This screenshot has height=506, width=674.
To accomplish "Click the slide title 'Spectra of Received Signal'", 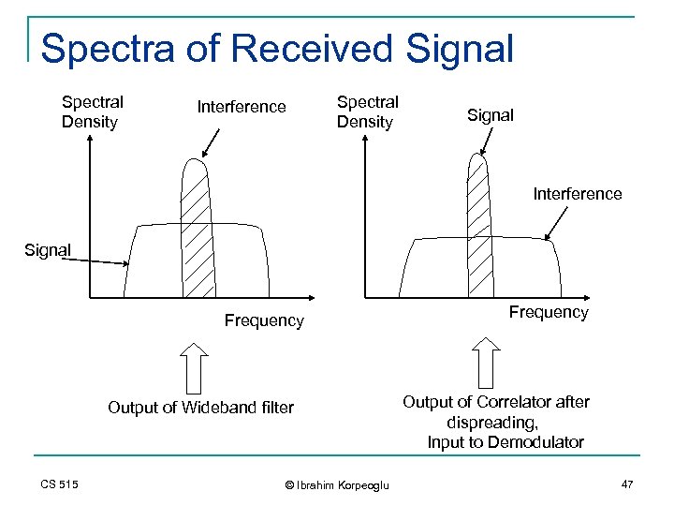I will [x=277, y=49].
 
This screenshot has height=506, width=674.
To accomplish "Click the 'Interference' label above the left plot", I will [x=242, y=107].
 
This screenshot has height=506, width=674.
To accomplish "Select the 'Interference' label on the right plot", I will [x=577, y=194].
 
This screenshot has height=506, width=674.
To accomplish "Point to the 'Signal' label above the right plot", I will [x=491, y=115].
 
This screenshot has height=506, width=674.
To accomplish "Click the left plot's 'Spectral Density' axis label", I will [x=92, y=112].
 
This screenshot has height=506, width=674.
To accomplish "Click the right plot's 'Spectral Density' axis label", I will [x=367, y=112].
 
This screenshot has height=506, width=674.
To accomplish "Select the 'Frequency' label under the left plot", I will [x=264, y=320].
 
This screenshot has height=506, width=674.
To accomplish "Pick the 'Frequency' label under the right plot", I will [x=549, y=312].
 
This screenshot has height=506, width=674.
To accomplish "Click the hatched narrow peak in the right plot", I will [x=478, y=225].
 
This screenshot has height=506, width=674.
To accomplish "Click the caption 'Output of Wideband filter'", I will [x=200, y=407].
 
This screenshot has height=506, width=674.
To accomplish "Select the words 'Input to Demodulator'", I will [x=505, y=442].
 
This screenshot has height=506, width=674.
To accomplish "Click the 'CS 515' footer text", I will [x=60, y=484].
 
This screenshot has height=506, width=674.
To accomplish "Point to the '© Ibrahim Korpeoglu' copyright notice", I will [x=336, y=484].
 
